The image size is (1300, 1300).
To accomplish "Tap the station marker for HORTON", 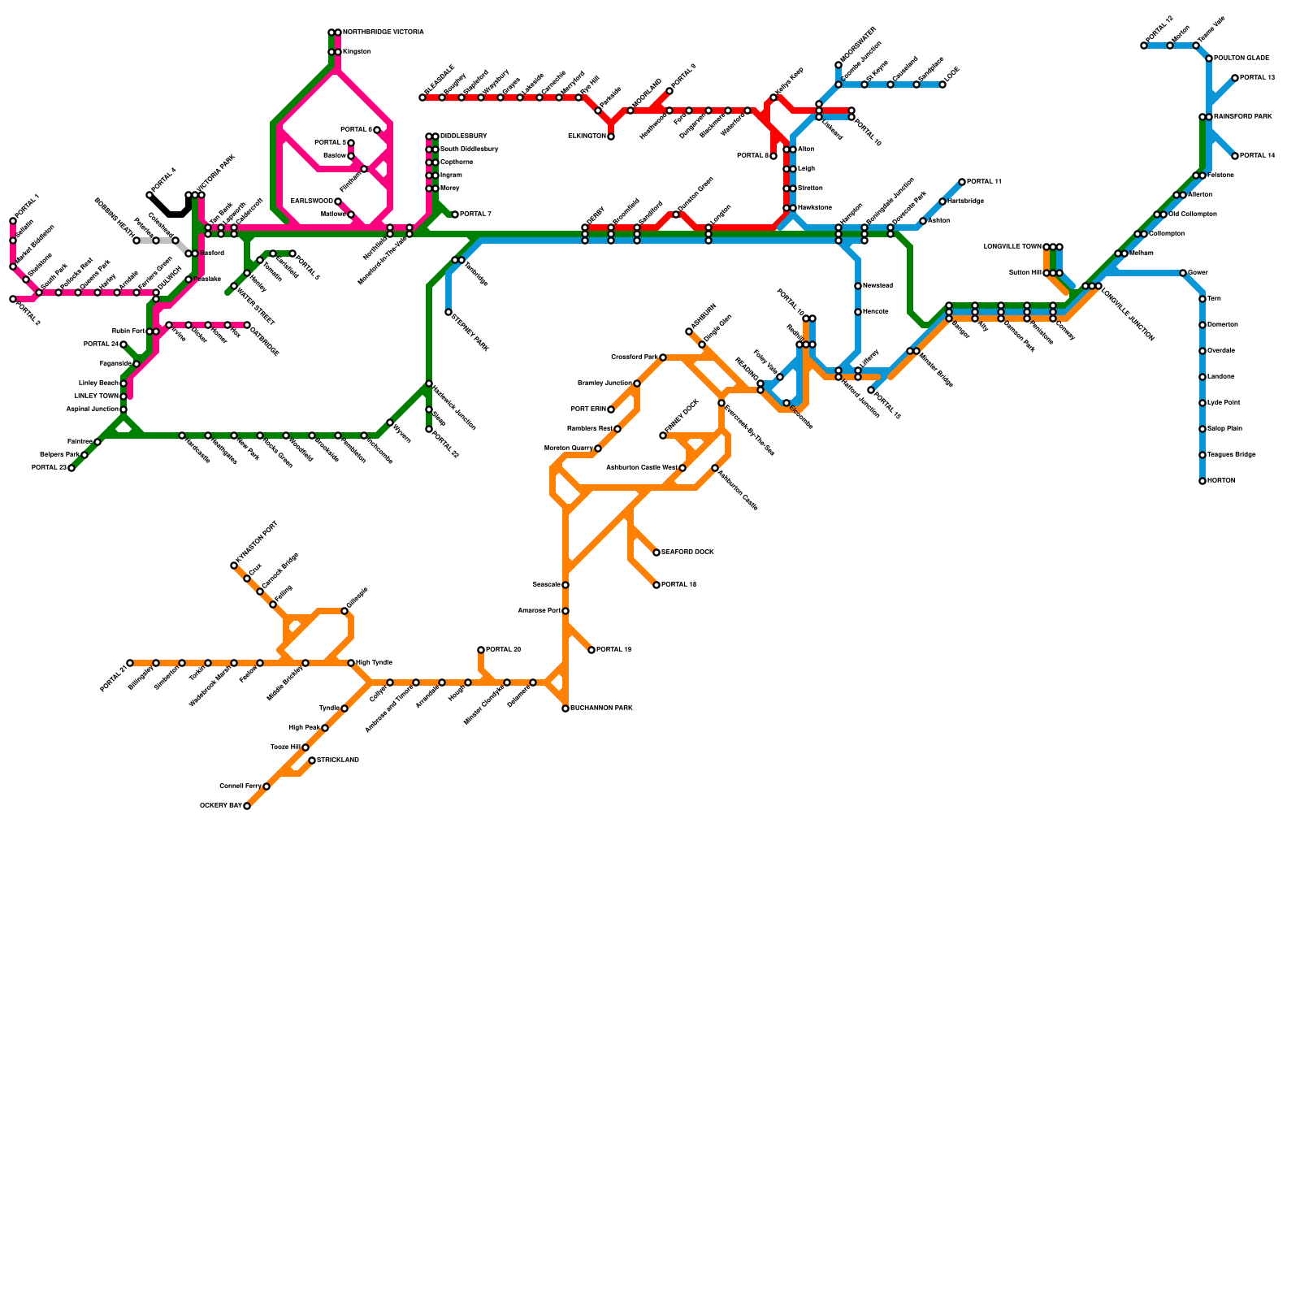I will point(1202,481).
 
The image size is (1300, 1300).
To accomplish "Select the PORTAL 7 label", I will point(475,214).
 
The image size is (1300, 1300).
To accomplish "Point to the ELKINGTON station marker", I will point(611,136).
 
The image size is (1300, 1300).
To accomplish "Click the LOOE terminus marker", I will point(942,84).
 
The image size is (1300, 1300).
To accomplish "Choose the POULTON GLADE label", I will point(1241,58).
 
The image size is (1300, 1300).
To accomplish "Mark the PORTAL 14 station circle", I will point(1235,156).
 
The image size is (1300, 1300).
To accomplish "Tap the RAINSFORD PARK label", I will point(1243,117).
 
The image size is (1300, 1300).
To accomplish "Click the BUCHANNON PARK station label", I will point(601,708).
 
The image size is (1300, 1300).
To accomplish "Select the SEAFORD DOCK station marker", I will point(656,552).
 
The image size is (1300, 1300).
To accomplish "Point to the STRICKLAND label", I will point(338,760).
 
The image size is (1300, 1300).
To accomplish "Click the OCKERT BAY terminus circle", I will point(247,806).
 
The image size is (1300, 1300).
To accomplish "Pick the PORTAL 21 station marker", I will point(130,663).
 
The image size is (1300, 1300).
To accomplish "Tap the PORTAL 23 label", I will point(49,468).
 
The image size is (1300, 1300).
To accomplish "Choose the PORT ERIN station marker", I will point(611,409).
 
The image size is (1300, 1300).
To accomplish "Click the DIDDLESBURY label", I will point(464,136).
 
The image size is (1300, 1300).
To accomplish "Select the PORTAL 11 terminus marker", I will point(962,182).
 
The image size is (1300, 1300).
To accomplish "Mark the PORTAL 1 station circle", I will point(13,221).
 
